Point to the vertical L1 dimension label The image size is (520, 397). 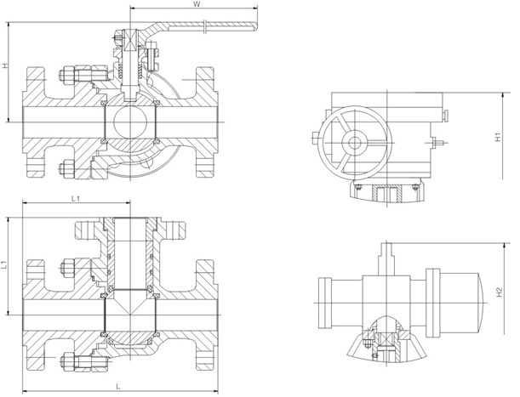6,265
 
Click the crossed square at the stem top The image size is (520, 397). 128,38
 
